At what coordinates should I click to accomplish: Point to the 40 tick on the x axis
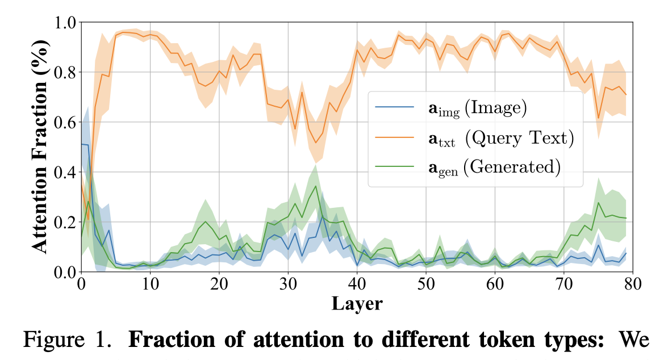point(357,272)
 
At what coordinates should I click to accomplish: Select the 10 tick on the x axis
point(151,272)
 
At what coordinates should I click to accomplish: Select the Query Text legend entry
point(500,138)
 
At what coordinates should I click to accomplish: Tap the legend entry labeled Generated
point(494,166)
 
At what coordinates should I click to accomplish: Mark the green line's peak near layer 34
point(316,186)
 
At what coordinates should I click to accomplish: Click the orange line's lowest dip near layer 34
point(316,143)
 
